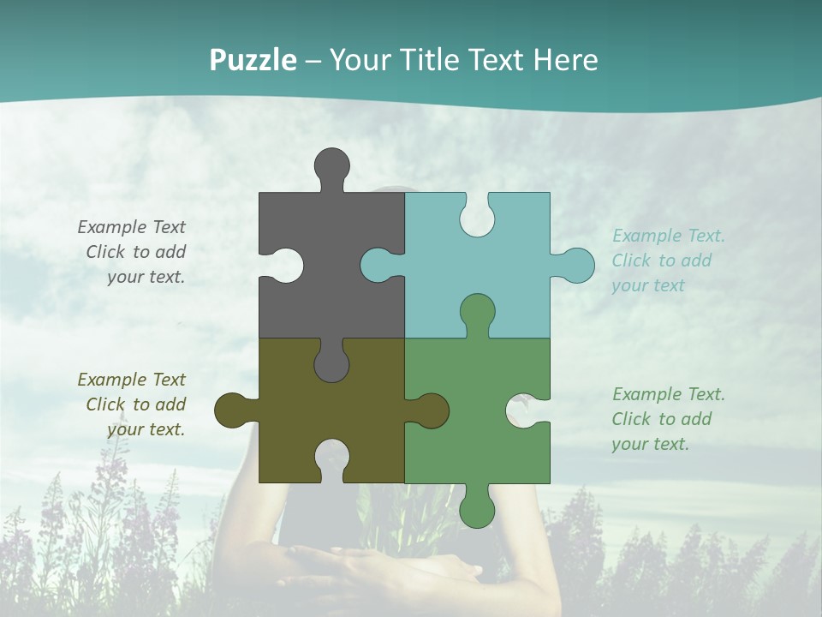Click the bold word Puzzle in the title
point(253,61)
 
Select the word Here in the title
point(565,61)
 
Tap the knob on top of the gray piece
point(331,165)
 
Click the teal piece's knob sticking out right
point(575,265)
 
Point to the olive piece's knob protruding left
point(232,410)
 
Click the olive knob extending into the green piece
point(431,410)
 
